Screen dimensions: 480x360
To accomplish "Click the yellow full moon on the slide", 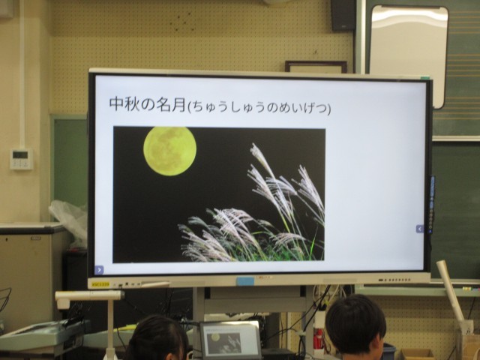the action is click(170, 151).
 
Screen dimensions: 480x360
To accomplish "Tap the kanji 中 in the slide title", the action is click(117, 104).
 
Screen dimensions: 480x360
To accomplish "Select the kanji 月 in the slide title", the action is click(179, 105).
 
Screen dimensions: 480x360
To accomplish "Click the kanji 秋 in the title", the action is click(132, 104).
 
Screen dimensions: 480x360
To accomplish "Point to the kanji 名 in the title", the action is click(163, 105).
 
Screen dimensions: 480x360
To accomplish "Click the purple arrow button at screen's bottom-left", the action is click(99, 270).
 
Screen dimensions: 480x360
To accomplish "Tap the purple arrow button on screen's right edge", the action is click(420, 229).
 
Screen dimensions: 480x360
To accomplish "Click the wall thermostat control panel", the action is click(22, 159).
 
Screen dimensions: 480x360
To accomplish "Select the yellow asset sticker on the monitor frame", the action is click(100, 284).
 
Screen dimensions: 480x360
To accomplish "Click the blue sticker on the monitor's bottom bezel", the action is click(245, 281).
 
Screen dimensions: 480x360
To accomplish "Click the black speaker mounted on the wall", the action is click(343, 15).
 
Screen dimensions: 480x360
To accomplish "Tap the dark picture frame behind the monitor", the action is click(316, 67).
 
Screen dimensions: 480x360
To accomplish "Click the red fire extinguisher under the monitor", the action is click(319, 338).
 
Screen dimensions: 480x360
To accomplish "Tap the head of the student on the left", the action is click(157, 338).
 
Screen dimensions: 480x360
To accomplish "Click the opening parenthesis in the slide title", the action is click(188, 107).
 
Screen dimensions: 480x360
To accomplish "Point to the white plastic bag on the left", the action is click(69, 220).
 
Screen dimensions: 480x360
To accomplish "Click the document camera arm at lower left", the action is click(89, 295).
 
